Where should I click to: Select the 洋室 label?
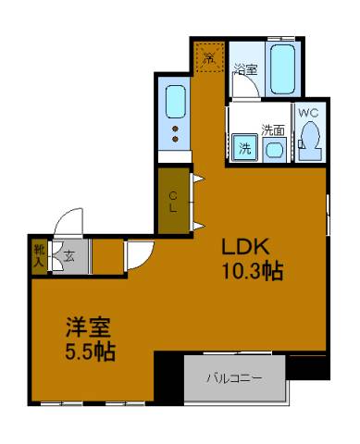click(87, 328)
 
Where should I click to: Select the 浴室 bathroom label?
click(245, 68)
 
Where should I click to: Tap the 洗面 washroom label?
click(272, 129)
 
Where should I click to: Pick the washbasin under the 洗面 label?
click(275, 150)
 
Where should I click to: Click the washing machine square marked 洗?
click(244, 148)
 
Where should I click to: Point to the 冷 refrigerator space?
click(209, 57)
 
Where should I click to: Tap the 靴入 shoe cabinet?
click(39, 255)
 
